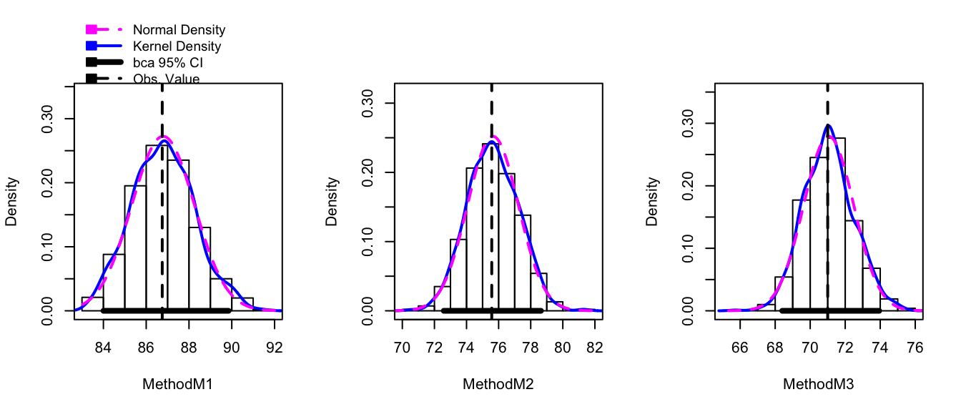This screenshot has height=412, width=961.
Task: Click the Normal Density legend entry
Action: pos(179,30)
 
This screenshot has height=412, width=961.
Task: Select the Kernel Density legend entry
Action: pos(177,46)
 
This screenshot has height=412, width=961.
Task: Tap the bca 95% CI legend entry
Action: pos(171,62)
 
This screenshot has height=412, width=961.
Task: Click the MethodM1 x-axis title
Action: pos(178,384)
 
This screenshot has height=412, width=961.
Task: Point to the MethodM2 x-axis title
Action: pos(498,384)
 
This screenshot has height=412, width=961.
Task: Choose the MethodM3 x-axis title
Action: pos(819,384)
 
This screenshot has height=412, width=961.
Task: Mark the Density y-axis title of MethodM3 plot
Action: pos(652,202)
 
